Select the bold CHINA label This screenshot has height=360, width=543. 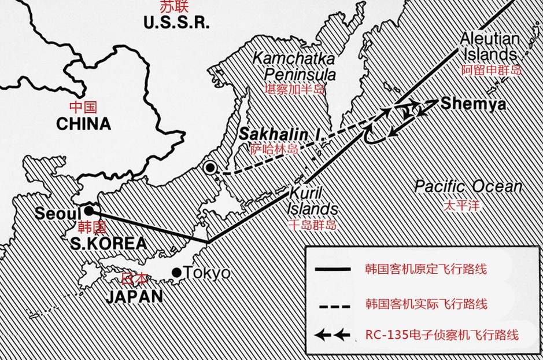pyautogui.click(x=83, y=123)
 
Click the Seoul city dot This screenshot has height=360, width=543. pyautogui.click(x=90, y=210)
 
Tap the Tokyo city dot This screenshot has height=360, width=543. pyautogui.click(x=177, y=272)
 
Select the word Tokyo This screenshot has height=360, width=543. pyautogui.click(x=206, y=273)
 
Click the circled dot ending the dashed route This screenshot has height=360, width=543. pyautogui.click(x=211, y=168)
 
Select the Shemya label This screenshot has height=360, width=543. pyautogui.click(x=473, y=104)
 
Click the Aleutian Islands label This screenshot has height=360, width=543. pyautogui.click(x=489, y=47)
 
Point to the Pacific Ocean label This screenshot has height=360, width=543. pyautogui.click(x=468, y=187)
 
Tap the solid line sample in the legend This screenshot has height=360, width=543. pyautogui.click(x=333, y=269)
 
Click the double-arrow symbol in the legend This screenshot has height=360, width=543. pyautogui.click(x=333, y=334)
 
